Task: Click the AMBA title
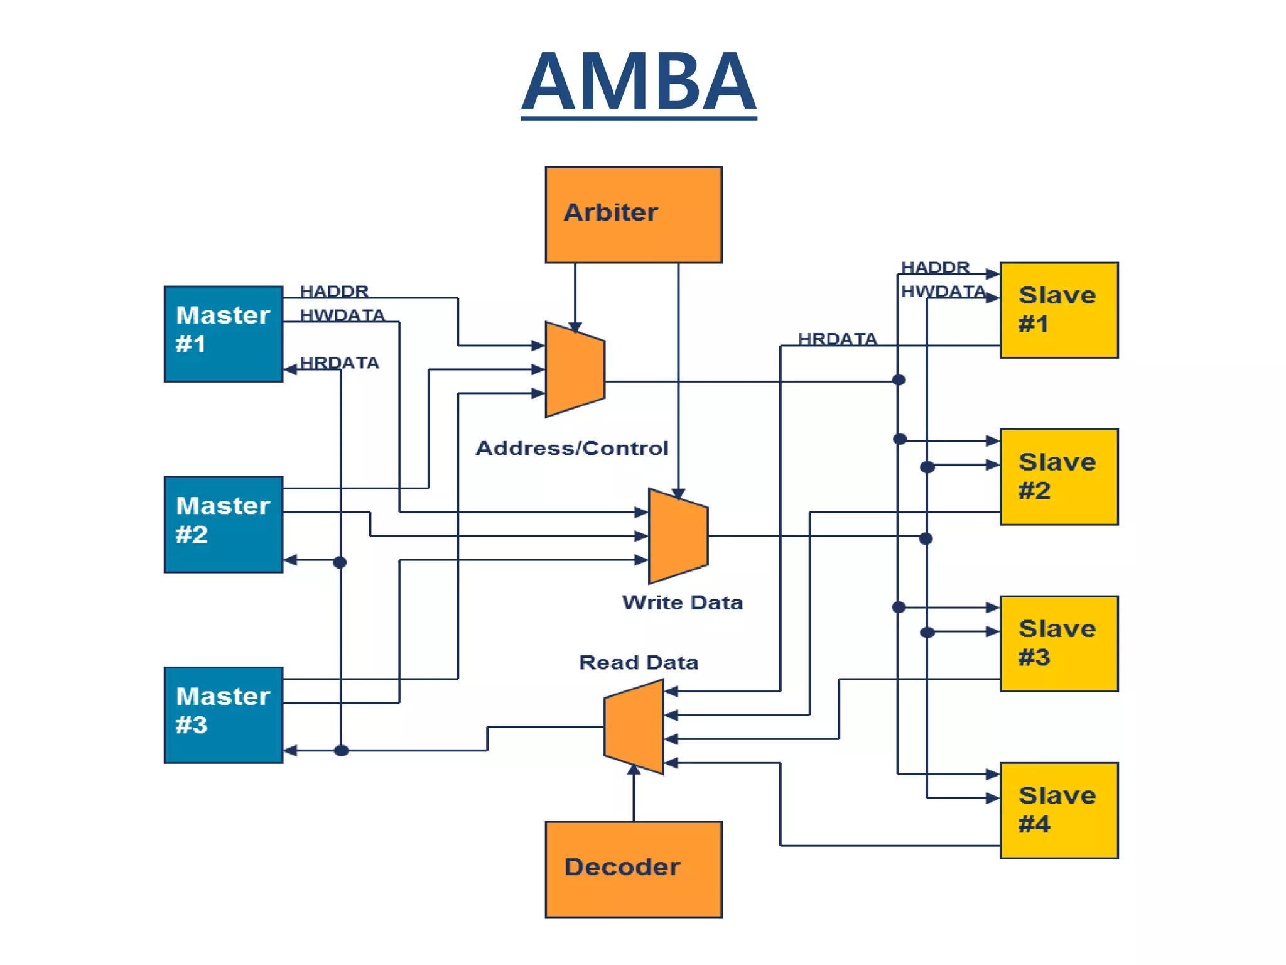click(x=638, y=82)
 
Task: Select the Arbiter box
click(x=633, y=215)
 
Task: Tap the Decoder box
click(x=633, y=869)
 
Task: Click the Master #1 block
click(x=224, y=334)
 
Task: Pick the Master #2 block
click(x=224, y=524)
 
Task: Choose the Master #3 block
click(x=224, y=714)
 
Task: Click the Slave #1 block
click(x=1059, y=310)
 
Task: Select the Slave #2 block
click(x=1059, y=476)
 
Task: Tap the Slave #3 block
click(x=1059, y=643)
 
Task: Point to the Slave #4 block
click(x=1059, y=810)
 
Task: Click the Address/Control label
click(x=571, y=448)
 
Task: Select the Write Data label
click(x=682, y=602)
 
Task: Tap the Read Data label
click(x=638, y=662)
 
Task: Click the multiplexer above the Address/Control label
click(x=575, y=369)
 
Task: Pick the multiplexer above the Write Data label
click(x=678, y=536)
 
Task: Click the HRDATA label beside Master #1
click(x=340, y=363)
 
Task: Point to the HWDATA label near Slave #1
click(x=943, y=292)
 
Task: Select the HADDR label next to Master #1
click(x=334, y=291)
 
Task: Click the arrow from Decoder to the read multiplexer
click(x=634, y=795)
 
